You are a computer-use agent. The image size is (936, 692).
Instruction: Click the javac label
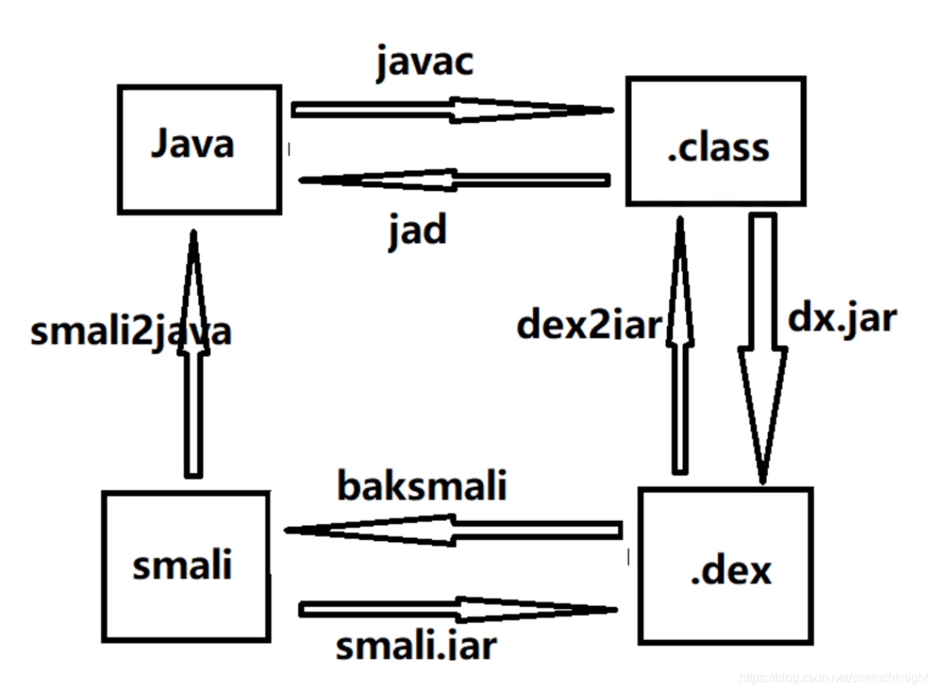tap(424, 64)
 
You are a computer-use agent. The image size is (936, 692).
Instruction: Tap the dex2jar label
tap(589, 326)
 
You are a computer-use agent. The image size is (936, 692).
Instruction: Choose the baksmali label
tap(422, 486)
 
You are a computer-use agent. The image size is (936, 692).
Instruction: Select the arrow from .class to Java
tap(454, 180)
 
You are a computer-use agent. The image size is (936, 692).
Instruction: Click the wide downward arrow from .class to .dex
tap(763, 348)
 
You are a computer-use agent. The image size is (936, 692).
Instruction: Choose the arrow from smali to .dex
tap(457, 610)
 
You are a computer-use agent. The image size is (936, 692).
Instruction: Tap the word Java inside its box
tap(193, 145)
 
